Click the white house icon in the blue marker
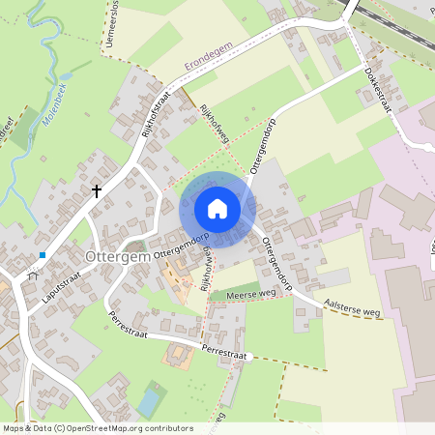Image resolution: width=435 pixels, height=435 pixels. [x=217, y=208]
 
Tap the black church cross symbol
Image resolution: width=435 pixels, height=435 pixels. [x=97, y=191]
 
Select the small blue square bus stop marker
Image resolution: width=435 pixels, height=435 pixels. [x=43, y=255]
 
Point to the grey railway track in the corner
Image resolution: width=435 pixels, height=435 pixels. [x=396, y=23]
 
